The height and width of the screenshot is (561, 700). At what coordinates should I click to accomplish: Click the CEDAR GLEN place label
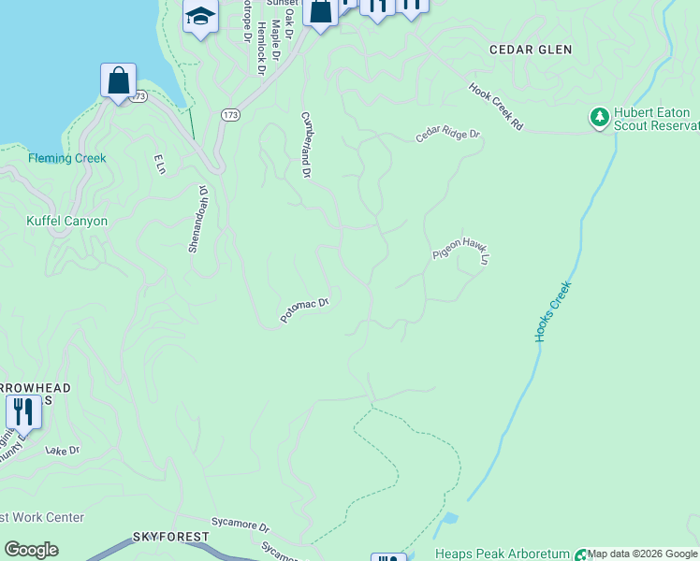point(531,49)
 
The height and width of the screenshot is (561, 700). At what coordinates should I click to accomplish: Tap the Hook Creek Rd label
point(496,108)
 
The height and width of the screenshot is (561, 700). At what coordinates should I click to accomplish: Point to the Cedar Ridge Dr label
point(448,136)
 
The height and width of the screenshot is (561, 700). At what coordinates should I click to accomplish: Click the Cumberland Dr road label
point(305,145)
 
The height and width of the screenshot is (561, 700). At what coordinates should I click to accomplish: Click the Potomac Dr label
point(305,310)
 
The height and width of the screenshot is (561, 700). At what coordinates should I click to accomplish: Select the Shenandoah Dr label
point(197,218)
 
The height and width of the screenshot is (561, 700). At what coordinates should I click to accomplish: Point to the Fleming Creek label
point(67,158)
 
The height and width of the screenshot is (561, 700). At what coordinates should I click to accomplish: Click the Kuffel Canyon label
point(66,222)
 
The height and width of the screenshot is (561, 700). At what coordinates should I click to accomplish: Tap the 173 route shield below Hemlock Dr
point(230,114)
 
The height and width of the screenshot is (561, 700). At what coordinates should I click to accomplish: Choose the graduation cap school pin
point(200,17)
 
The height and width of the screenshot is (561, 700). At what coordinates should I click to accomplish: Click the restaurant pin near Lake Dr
point(23,411)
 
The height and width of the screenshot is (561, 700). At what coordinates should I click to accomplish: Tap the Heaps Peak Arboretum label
point(503,554)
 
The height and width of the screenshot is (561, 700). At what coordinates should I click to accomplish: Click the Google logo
point(31,550)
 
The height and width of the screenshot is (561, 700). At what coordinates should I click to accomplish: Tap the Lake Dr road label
point(63,451)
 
